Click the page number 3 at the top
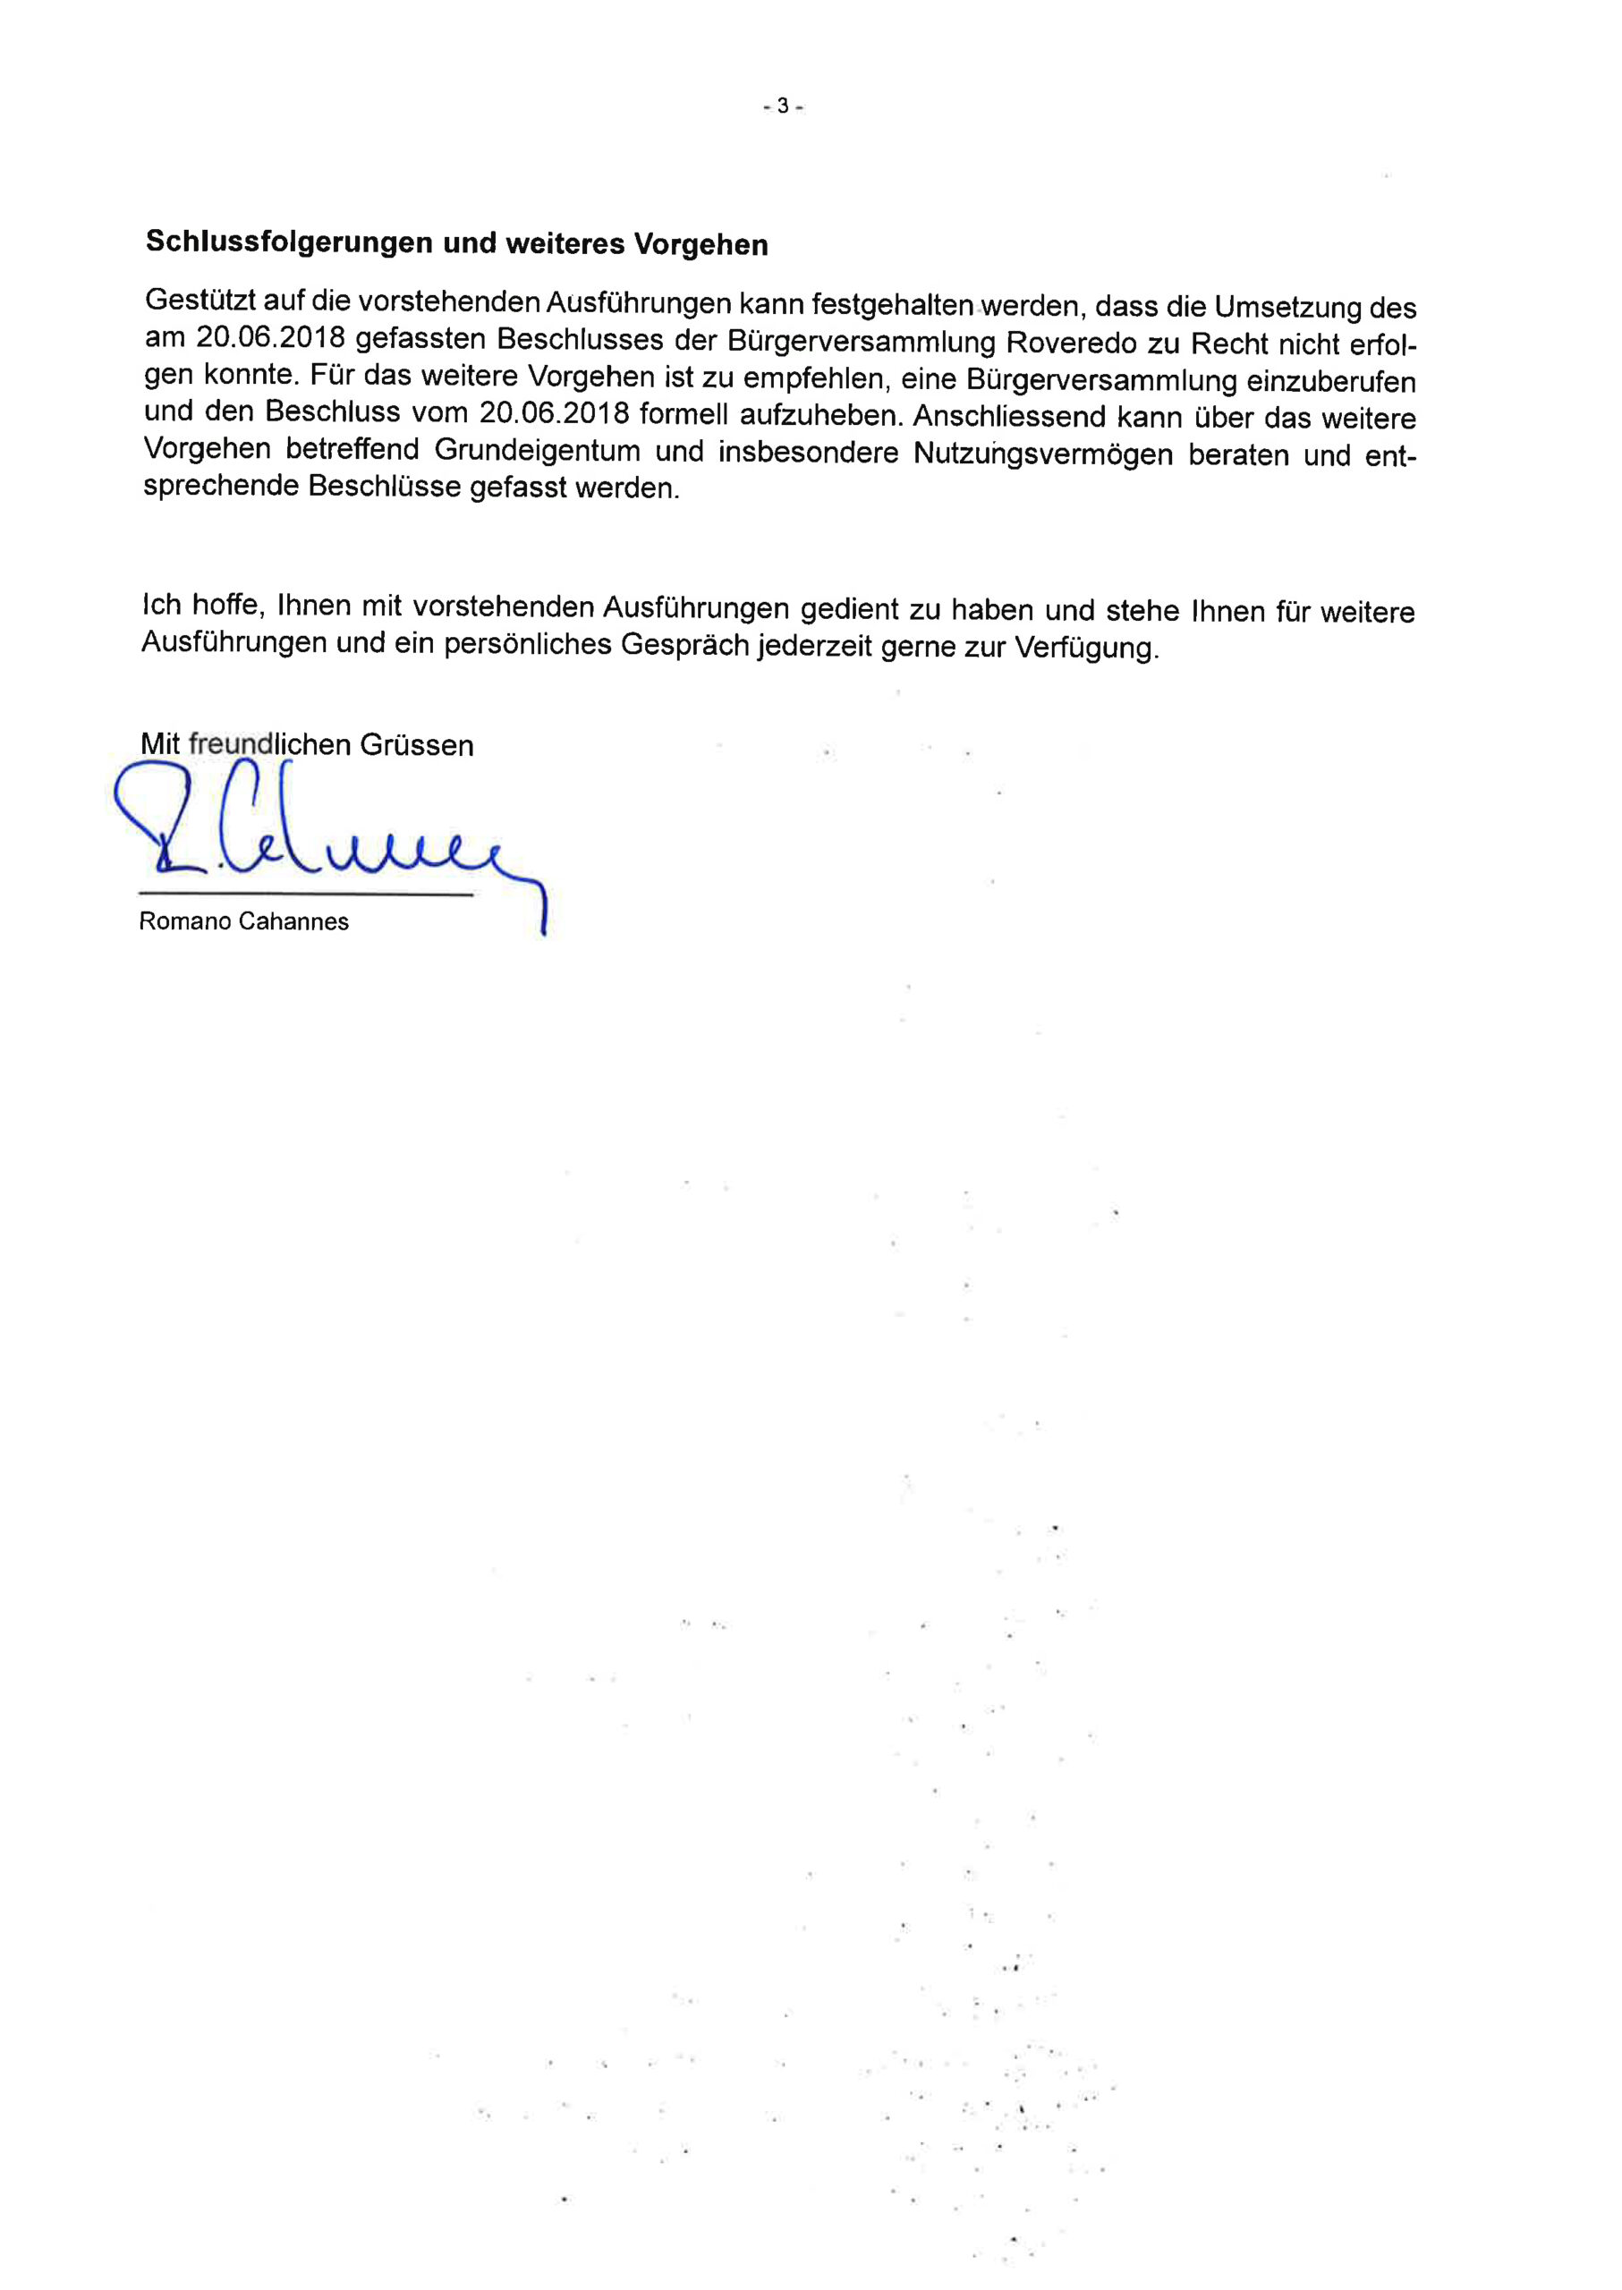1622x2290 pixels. (x=783, y=105)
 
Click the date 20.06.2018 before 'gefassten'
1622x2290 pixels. (x=269, y=337)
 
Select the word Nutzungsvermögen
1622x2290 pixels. (x=1043, y=454)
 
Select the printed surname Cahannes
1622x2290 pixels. (x=293, y=921)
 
